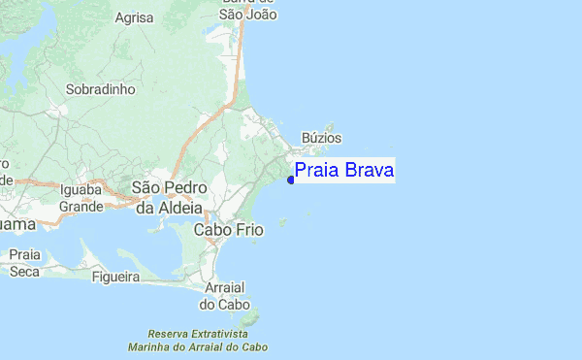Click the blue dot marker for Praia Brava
[x=291, y=180]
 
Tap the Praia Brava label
[x=344, y=171]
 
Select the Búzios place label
[x=322, y=139]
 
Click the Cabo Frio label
[x=229, y=230]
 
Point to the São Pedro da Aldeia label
[x=168, y=197]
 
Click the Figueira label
[x=116, y=277]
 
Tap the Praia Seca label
[x=25, y=263]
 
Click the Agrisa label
[x=135, y=17]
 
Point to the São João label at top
[x=248, y=14]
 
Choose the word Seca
[x=25, y=271]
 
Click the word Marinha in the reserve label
[x=150, y=345]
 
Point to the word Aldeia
[x=181, y=207]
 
